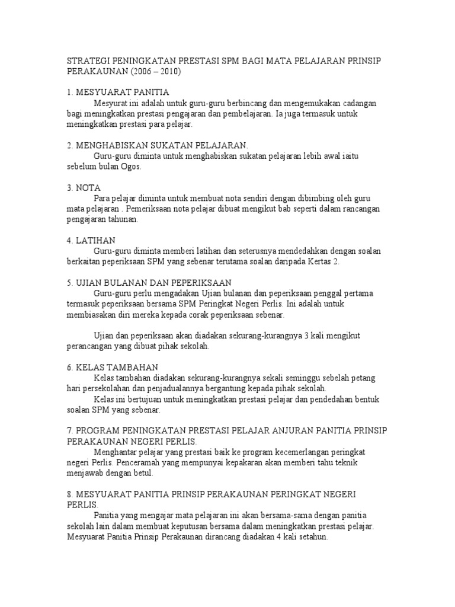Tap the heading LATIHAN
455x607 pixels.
point(95,240)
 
